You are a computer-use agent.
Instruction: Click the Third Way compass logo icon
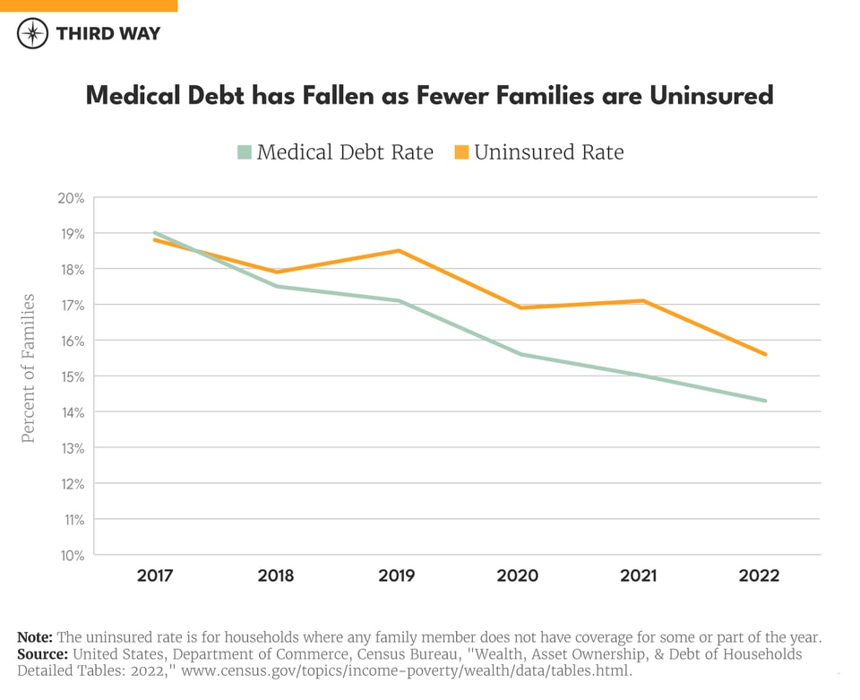tap(33, 34)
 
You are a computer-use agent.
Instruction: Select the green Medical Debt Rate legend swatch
tap(245, 152)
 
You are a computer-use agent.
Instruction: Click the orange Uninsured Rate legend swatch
tap(461, 152)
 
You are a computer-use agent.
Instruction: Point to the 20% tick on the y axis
tap(72, 198)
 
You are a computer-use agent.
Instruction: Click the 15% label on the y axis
tap(72, 376)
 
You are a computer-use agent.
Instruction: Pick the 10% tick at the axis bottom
tap(72, 556)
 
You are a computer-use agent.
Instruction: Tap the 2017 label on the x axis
tap(155, 575)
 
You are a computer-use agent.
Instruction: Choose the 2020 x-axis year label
tap(518, 575)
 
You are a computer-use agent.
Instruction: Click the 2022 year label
tap(759, 575)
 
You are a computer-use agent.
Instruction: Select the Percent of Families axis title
tap(28, 367)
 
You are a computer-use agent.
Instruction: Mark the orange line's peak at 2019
tap(398, 251)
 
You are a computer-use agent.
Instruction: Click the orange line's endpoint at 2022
tap(765, 354)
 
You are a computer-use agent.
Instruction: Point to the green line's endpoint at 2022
tap(765, 401)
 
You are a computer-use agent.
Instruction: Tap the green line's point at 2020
tap(520, 354)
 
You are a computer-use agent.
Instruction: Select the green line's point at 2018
tap(276, 287)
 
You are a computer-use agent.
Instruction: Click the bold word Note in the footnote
tap(35, 637)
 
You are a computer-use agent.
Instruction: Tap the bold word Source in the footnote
tap(42, 654)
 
